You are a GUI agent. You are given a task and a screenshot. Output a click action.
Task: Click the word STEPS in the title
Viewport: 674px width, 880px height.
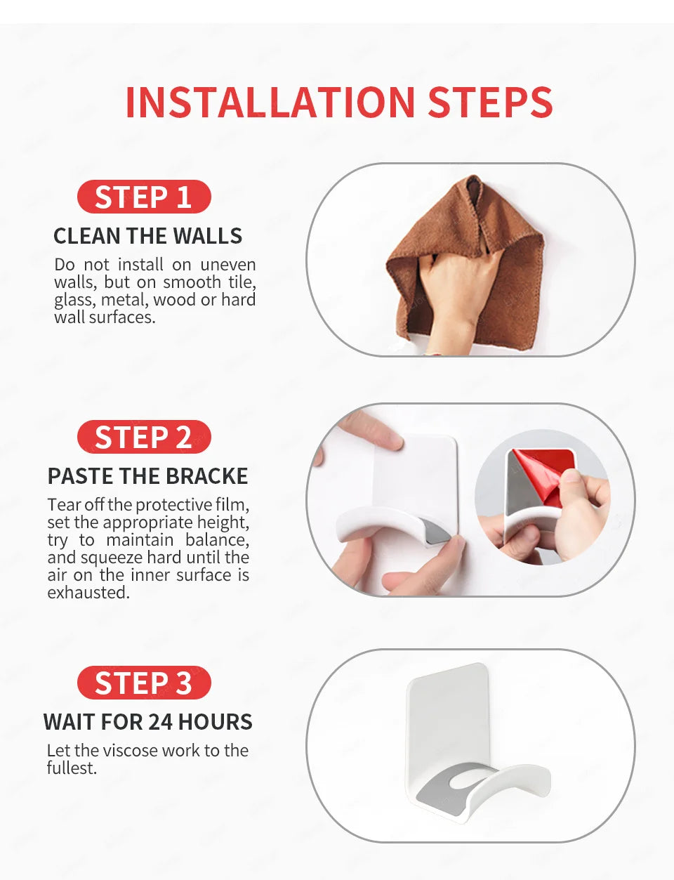490,102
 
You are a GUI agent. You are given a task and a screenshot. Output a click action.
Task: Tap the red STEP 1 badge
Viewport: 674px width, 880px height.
144,197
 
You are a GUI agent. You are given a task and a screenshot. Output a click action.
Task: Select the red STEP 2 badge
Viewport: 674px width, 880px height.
144,437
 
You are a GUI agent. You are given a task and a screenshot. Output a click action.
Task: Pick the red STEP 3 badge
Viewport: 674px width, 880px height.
144,683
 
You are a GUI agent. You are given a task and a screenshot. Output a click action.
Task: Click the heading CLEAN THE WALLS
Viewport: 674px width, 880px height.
147,236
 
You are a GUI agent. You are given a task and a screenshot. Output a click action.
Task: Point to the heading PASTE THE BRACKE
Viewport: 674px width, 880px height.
147,476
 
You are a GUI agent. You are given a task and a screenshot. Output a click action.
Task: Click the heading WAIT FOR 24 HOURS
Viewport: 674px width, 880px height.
147,721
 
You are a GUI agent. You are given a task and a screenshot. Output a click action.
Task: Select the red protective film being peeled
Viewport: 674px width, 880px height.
544,476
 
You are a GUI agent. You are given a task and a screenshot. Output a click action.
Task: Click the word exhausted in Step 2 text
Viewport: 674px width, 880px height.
88,593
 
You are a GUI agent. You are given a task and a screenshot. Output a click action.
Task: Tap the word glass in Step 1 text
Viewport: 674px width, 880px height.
75,301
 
